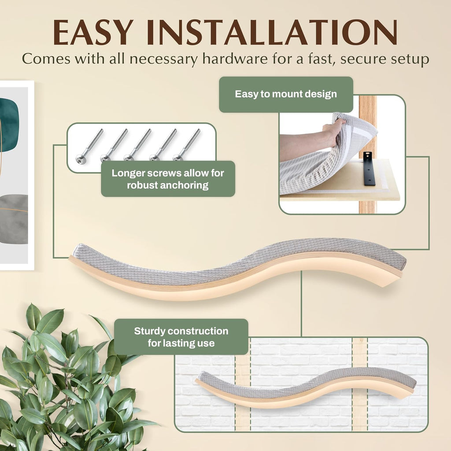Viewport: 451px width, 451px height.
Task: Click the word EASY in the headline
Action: point(93,32)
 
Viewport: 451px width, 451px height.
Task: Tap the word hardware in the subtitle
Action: point(235,59)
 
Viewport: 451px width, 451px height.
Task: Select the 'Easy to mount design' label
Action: point(286,94)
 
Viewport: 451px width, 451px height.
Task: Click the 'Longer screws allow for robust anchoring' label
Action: point(168,179)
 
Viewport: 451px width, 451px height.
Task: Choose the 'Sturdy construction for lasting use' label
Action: point(181,337)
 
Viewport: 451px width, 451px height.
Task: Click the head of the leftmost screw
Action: point(79,158)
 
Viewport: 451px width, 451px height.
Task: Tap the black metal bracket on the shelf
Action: point(368,168)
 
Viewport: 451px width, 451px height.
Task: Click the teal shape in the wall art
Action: point(9,124)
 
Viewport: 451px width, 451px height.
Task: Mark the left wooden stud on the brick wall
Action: point(243,384)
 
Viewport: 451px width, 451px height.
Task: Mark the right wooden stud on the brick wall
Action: point(360,384)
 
